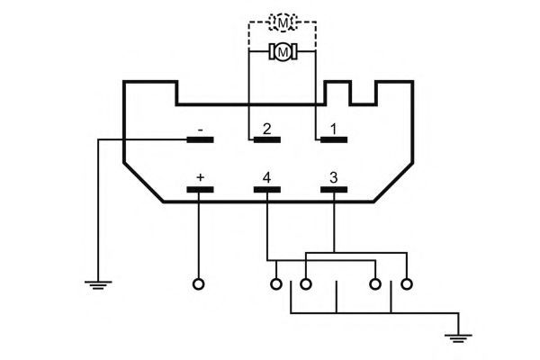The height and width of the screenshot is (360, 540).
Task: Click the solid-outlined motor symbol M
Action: pos(283,51)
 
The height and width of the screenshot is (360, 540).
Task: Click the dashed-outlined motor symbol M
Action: pos(283,22)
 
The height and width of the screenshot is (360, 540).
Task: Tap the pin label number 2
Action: pos(266,130)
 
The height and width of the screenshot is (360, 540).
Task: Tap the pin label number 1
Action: pos(333,130)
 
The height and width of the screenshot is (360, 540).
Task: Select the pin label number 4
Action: pos(266,178)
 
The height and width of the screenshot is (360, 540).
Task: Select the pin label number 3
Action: pos(333,178)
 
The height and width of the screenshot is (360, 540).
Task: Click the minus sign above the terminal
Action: pos(201,130)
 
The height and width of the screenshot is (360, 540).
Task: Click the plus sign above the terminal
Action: pos(200,177)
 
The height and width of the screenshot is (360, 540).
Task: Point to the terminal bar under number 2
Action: pos(267,139)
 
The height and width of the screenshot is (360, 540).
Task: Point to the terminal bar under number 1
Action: pos(334,139)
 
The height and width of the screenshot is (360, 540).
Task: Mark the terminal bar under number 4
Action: pos(267,190)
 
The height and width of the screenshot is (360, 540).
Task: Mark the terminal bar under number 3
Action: pos(334,190)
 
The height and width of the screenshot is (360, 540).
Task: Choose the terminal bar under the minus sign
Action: pos(200,139)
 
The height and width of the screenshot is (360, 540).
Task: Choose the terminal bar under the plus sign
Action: pos(200,190)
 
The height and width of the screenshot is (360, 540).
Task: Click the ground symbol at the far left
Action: pos(98,285)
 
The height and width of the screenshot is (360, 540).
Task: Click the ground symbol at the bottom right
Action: pos(458,338)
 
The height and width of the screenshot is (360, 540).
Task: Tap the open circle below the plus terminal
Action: pos(199,284)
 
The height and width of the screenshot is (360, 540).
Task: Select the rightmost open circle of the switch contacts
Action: pos(407,284)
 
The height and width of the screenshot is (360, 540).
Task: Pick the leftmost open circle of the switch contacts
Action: pos(276,284)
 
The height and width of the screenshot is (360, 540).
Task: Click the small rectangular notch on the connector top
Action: pos(364,103)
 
